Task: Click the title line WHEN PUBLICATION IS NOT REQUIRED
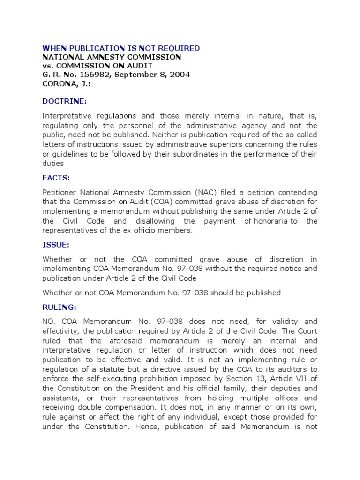click(x=121, y=48)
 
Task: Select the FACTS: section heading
click(x=56, y=178)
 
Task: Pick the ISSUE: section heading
click(x=56, y=245)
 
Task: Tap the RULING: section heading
click(x=59, y=307)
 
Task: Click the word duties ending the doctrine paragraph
click(x=52, y=164)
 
